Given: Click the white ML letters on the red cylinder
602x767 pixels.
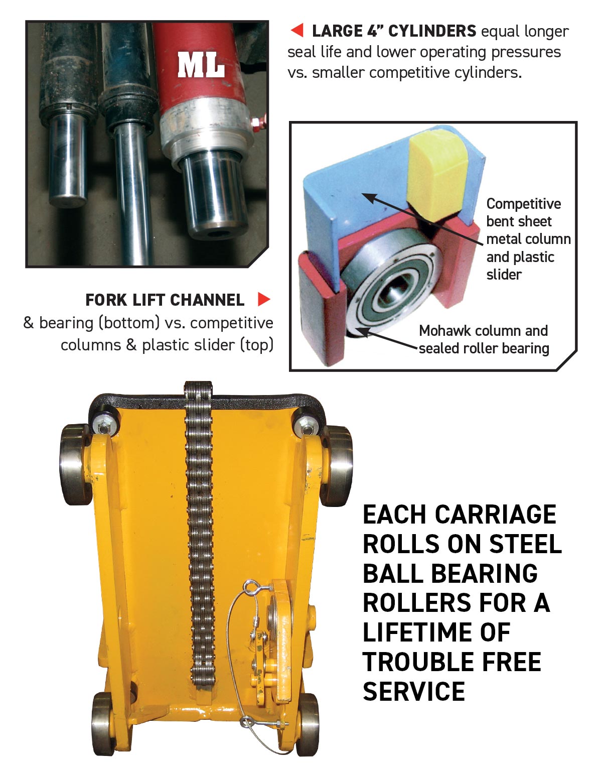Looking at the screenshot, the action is click(x=201, y=65).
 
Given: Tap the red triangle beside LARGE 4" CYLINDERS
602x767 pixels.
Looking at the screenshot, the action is click(x=297, y=30).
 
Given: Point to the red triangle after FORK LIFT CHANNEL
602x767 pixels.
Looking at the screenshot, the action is click(x=264, y=299).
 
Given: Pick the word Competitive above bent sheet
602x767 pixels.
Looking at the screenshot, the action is click(x=524, y=204).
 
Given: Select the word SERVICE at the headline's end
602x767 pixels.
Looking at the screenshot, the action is click(x=414, y=691).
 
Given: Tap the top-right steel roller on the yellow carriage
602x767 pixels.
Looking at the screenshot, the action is click(x=336, y=465).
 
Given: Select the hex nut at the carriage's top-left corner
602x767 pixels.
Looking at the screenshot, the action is click(x=103, y=428).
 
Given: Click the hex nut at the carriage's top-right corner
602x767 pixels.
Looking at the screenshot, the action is click(x=307, y=430).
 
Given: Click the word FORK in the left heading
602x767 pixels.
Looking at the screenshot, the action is click(x=107, y=300).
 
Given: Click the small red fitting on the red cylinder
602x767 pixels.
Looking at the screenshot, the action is click(x=257, y=124).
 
